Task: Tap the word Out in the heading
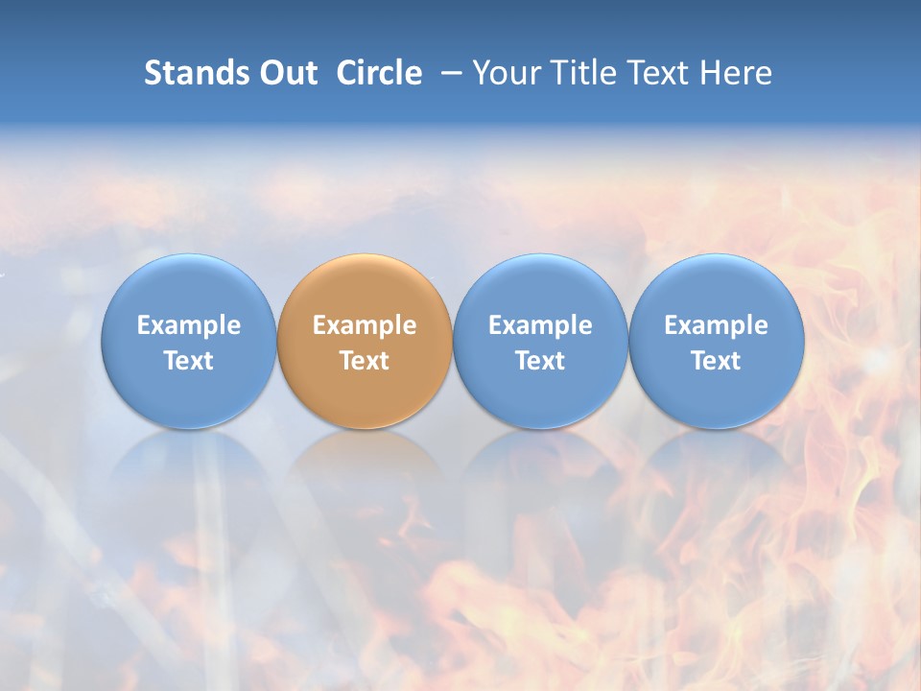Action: point(286,73)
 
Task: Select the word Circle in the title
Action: point(379,73)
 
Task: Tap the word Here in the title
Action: point(737,73)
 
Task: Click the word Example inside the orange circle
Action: point(365,325)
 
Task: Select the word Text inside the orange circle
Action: point(365,361)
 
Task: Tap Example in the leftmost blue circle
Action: point(189,325)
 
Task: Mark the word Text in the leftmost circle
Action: point(189,361)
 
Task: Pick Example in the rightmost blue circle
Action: point(716,325)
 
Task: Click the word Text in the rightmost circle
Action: point(716,361)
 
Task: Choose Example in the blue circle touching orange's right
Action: point(540,325)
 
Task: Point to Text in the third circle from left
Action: point(540,361)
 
